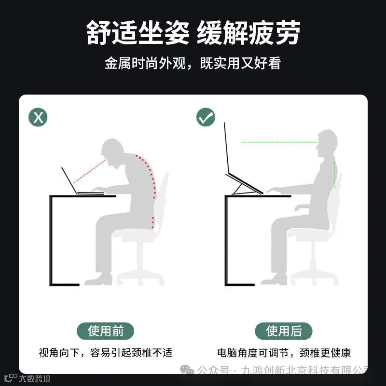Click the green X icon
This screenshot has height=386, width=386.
point(38,117)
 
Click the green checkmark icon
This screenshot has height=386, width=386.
point(206,117)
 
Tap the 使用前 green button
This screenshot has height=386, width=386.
point(105,331)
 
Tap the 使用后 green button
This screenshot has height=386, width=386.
point(284,331)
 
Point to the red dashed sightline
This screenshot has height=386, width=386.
point(90,171)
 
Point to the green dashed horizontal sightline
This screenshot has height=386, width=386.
point(280,142)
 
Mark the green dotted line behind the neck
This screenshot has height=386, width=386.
point(334,174)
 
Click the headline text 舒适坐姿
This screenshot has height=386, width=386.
point(138,32)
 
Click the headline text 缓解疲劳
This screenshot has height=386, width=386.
point(248,32)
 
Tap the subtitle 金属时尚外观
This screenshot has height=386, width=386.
point(145,63)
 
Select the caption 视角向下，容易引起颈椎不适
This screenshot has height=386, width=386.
point(106,353)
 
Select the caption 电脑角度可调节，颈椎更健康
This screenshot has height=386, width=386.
point(284,353)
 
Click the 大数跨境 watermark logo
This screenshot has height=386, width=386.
point(27,378)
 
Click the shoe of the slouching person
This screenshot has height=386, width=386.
point(98,280)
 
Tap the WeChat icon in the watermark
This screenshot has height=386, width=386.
point(187,369)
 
